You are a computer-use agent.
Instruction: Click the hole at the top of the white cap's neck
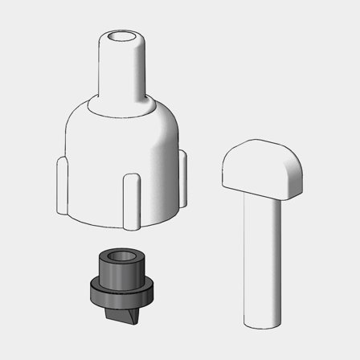(123, 37)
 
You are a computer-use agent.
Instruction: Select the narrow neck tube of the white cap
(122, 68)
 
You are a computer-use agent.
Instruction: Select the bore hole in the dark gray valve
(121, 259)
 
